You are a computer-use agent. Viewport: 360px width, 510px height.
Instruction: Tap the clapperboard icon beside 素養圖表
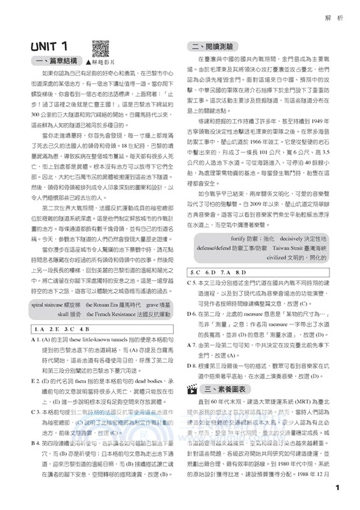(191, 389)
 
